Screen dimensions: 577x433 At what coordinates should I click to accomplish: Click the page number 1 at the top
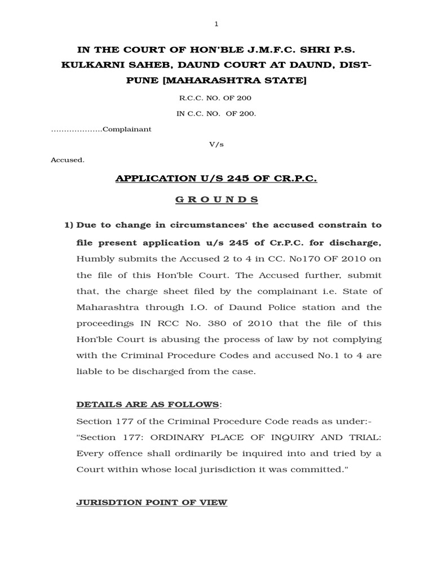click(x=216, y=24)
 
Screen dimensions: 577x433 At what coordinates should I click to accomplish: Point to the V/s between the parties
click(x=216, y=144)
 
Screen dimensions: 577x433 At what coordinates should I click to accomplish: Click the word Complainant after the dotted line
click(x=127, y=129)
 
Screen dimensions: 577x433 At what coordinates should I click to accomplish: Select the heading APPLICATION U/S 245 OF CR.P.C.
click(x=216, y=179)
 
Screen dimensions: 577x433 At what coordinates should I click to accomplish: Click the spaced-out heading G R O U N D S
click(x=216, y=199)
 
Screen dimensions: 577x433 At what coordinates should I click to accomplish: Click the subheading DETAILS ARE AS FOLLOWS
click(x=147, y=405)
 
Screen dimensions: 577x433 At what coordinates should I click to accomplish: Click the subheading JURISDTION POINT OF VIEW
click(x=152, y=502)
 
